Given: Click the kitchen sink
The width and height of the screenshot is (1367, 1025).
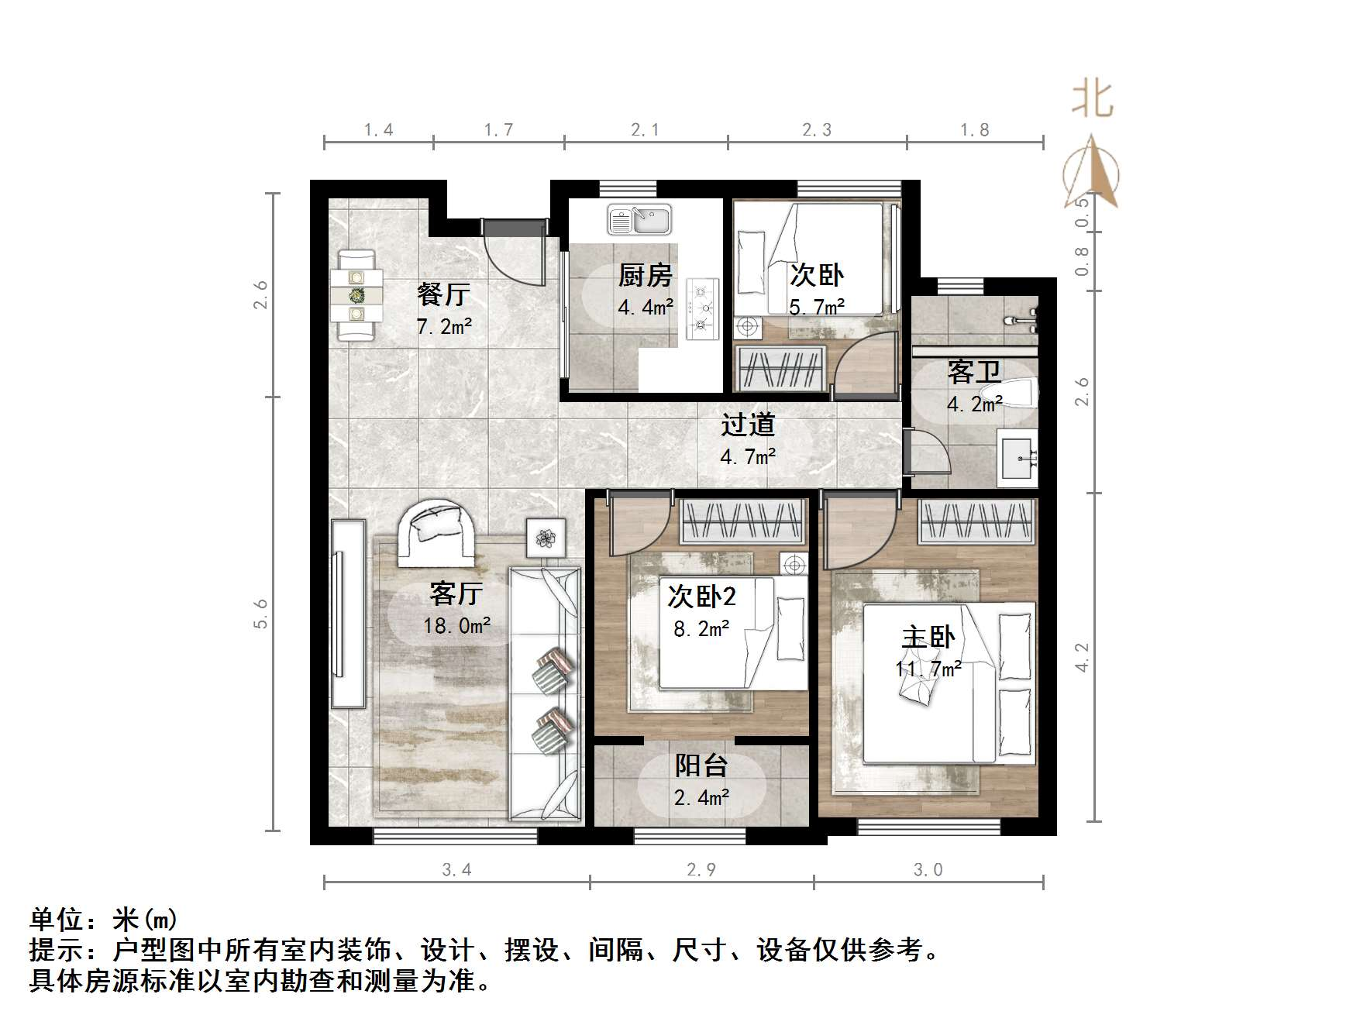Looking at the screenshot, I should tap(639, 219).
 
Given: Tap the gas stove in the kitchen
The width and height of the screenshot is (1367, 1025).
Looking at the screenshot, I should tap(703, 308).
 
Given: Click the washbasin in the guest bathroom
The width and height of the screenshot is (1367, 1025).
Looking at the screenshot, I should tap(1018, 458).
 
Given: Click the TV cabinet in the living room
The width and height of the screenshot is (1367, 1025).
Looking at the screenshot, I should tap(348, 613).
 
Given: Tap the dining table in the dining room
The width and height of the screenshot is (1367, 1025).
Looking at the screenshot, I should tap(356, 295).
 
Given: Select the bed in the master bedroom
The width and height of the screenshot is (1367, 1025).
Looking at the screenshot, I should tap(949, 682).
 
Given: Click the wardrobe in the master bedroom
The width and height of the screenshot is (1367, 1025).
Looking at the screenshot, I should tap(977, 521).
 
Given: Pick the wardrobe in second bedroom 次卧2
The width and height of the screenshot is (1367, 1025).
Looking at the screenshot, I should tap(743, 521).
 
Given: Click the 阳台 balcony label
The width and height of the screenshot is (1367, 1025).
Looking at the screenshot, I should tap(701, 765).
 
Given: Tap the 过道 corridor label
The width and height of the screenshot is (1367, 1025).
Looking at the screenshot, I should tap(748, 425).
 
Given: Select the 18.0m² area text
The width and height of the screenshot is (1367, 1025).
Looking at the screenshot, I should tap(457, 625).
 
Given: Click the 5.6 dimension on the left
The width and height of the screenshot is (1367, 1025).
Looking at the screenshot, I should tap(260, 613).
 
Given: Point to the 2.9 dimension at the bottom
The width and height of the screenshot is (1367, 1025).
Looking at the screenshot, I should tap(701, 869).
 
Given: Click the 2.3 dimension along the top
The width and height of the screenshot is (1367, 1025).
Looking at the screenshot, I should tap(817, 130).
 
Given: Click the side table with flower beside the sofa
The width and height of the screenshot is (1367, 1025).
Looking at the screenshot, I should tap(547, 536).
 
